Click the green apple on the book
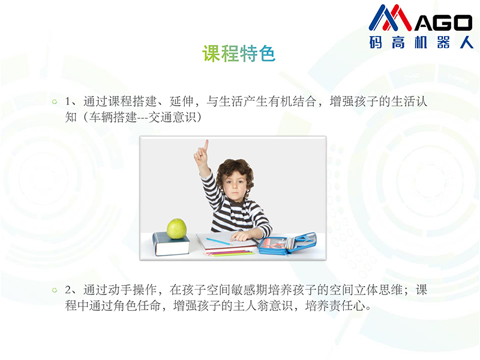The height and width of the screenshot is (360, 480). click(176, 229)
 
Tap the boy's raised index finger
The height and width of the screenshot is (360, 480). click(206, 145)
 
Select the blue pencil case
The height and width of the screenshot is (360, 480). click(287, 244)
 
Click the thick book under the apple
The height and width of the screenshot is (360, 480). click(171, 244)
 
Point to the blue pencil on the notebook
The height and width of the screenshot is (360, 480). click(219, 242)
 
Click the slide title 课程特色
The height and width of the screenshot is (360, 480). click(239, 53)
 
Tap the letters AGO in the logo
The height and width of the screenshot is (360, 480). click(443, 23)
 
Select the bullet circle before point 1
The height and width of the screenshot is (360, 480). click(55, 101)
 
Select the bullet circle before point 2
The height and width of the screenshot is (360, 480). click(55, 290)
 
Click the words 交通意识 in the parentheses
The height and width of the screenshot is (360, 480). click(172, 117)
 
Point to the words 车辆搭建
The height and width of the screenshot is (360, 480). click(113, 117)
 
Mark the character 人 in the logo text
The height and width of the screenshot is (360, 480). click(467, 42)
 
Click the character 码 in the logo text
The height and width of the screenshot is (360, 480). click(376, 42)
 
